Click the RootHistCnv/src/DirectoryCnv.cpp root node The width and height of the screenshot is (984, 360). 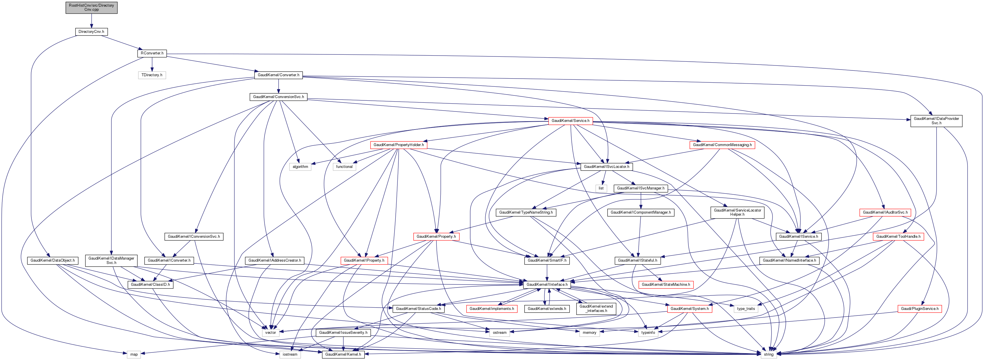[91, 8]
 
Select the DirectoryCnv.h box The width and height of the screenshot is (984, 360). [91, 31]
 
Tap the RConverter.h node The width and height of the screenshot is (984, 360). [152, 53]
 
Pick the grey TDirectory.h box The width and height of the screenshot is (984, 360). [152, 75]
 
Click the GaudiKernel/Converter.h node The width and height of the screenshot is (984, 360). [278, 75]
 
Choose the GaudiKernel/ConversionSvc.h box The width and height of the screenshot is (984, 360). [278, 97]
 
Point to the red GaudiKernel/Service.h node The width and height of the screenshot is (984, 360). [570, 121]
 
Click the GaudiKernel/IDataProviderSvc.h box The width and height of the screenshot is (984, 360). [936, 121]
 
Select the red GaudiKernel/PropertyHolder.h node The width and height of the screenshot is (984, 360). [398, 145]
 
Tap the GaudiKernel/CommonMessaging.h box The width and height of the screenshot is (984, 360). [722, 145]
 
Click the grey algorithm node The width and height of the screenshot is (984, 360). [300, 167]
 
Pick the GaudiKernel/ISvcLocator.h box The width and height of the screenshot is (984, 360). [606, 167]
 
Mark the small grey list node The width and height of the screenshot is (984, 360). [601, 188]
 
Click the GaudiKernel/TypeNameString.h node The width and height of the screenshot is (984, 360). [526, 212]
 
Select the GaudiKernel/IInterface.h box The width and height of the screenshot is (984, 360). [547, 284]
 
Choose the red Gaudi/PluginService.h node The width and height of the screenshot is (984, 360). [919, 308]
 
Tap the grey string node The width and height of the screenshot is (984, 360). [769, 354]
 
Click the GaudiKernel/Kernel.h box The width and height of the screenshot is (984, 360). [343, 354]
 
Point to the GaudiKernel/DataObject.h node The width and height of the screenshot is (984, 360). [53, 260]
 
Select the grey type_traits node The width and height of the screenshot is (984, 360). [746, 308]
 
